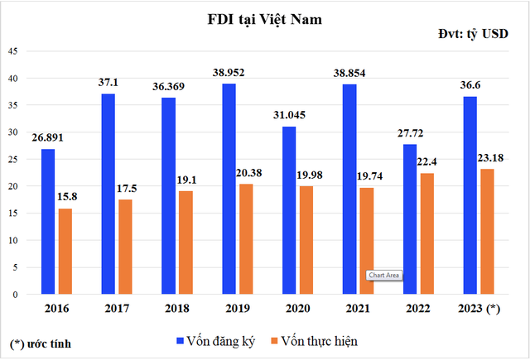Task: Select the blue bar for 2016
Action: [x=48, y=221]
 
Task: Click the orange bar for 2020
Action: [x=306, y=240]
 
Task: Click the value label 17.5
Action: [x=125, y=189]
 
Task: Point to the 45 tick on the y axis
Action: [x=13, y=51]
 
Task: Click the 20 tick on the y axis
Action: [x=13, y=186]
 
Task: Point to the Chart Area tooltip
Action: [x=384, y=275]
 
